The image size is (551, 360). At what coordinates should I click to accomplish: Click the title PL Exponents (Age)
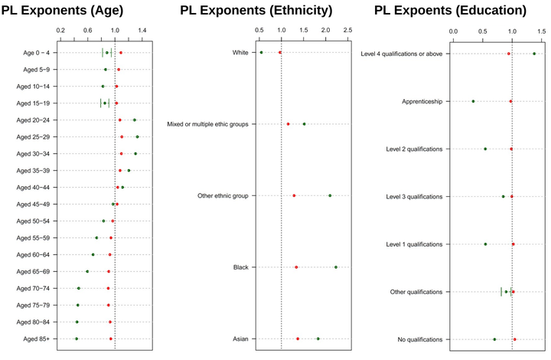[x=79, y=11]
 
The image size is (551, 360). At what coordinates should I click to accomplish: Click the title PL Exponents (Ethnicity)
[x=256, y=11]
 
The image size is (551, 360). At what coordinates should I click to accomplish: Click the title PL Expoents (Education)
[x=451, y=11]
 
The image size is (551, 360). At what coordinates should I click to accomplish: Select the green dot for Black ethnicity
[x=336, y=267]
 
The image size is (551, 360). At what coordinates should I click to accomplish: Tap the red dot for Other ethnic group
[x=294, y=195]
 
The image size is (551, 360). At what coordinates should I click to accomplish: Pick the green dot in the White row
[x=261, y=53]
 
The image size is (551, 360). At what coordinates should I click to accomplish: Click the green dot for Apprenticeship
[x=473, y=101]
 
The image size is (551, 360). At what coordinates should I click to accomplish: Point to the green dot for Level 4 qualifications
[x=534, y=54]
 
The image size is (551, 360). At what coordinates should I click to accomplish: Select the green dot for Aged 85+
[x=77, y=339]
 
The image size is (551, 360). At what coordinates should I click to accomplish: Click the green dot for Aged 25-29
[x=138, y=137]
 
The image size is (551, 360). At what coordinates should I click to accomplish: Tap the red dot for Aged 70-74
[x=109, y=288]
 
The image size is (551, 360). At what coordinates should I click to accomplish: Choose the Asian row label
[x=240, y=339]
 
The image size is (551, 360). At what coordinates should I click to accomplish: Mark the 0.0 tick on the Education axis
[x=453, y=31]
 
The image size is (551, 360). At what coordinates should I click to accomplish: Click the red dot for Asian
[x=298, y=339]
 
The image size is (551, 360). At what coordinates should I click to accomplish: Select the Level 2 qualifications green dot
[x=485, y=149]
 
